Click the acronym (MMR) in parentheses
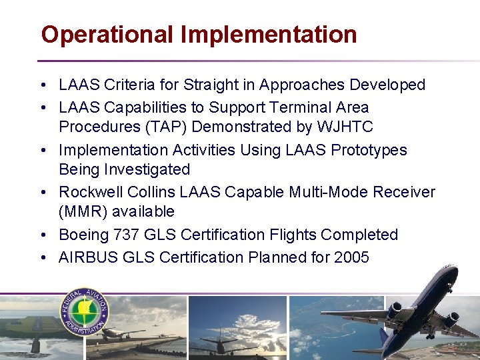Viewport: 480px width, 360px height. [80, 212]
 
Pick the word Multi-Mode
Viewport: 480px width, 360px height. [329, 193]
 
